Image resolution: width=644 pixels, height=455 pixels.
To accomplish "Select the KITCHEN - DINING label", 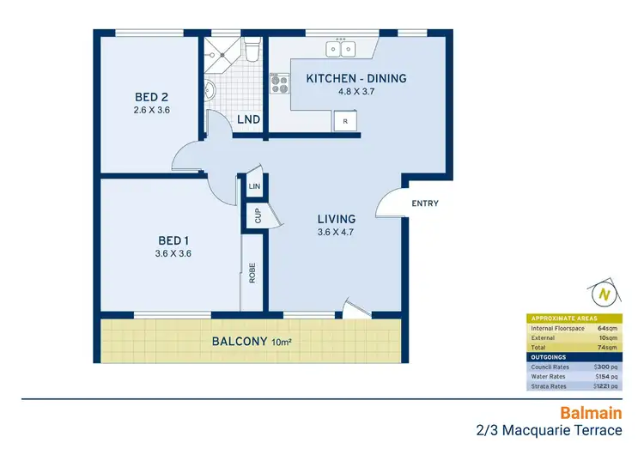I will (356, 79).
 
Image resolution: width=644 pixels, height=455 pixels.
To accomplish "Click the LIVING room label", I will (336, 220).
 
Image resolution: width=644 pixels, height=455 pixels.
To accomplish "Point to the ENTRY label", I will (425, 203).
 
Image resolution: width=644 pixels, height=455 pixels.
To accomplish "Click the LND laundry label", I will (249, 119).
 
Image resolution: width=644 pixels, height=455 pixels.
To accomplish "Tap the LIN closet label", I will (254, 185).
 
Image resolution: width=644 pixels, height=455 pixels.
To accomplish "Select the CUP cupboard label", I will (257, 215).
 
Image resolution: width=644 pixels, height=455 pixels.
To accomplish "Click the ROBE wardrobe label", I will (252, 273).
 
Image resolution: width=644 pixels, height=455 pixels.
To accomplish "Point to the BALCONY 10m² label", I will (250, 342).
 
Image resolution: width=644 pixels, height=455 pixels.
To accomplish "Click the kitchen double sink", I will (341, 49).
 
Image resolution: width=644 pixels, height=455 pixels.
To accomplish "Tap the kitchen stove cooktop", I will (280, 83).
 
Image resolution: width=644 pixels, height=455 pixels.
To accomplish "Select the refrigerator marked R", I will (345, 122).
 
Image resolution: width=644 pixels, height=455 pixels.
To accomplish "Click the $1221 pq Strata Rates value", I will (605, 386).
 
